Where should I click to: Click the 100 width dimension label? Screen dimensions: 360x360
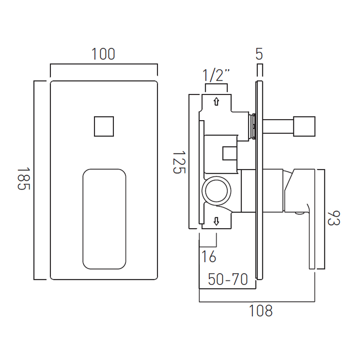click(103, 54)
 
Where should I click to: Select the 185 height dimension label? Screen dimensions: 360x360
click(24, 179)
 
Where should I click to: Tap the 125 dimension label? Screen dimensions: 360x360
click(179, 162)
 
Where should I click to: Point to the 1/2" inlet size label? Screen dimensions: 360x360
click(216, 75)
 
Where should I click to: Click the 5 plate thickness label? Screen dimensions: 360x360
click(259, 54)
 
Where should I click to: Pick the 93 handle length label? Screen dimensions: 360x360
click(333, 218)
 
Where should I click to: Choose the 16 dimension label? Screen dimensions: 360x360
click(209, 256)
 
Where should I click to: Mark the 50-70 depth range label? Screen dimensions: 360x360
click(228, 279)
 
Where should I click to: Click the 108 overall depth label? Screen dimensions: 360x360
click(261, 310)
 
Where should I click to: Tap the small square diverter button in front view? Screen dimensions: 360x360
click(104, 126)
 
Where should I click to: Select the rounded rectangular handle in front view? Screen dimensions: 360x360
click(104, 219)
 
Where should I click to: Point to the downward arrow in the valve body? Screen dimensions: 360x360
click(216, 221)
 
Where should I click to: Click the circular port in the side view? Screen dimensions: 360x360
click(216, 191)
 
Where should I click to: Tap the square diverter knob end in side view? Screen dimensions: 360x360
click(304, 126)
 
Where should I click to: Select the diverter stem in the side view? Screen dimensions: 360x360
click(278, 126)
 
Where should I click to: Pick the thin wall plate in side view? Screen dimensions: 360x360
click(259, 180)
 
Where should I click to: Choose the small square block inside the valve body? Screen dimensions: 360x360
click(229, 153)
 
